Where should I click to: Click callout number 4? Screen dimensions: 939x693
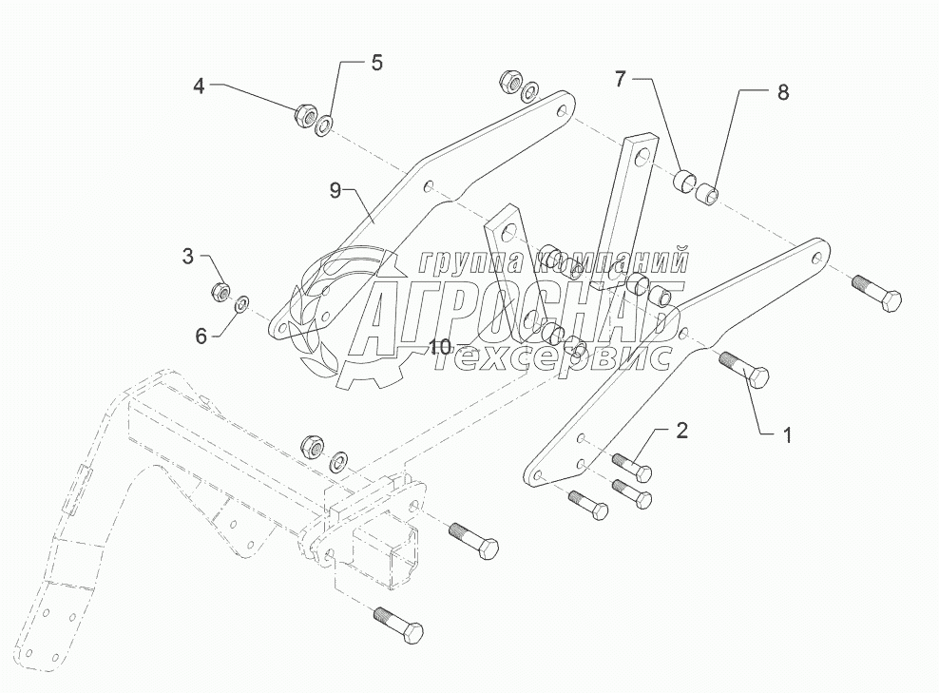click(x=199, y=87)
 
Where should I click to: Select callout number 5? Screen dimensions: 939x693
click(x=376, y=64)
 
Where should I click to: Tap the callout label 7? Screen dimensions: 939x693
click(x=620, y=80)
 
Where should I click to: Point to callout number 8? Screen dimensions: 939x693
click(x=782, y=92)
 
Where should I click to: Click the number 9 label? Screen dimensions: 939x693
click(x=335, y=191)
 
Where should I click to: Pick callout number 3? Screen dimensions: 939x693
click(x=188, y=256)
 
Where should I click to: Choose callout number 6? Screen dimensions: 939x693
click(x=201, y=335)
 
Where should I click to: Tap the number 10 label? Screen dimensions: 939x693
click(x=438, y=348)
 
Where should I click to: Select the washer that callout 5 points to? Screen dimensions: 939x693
click(x=325, y=125)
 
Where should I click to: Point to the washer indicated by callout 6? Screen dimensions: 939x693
click(x=241, y=304)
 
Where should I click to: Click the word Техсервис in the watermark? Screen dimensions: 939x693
click(x=560, y=356)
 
